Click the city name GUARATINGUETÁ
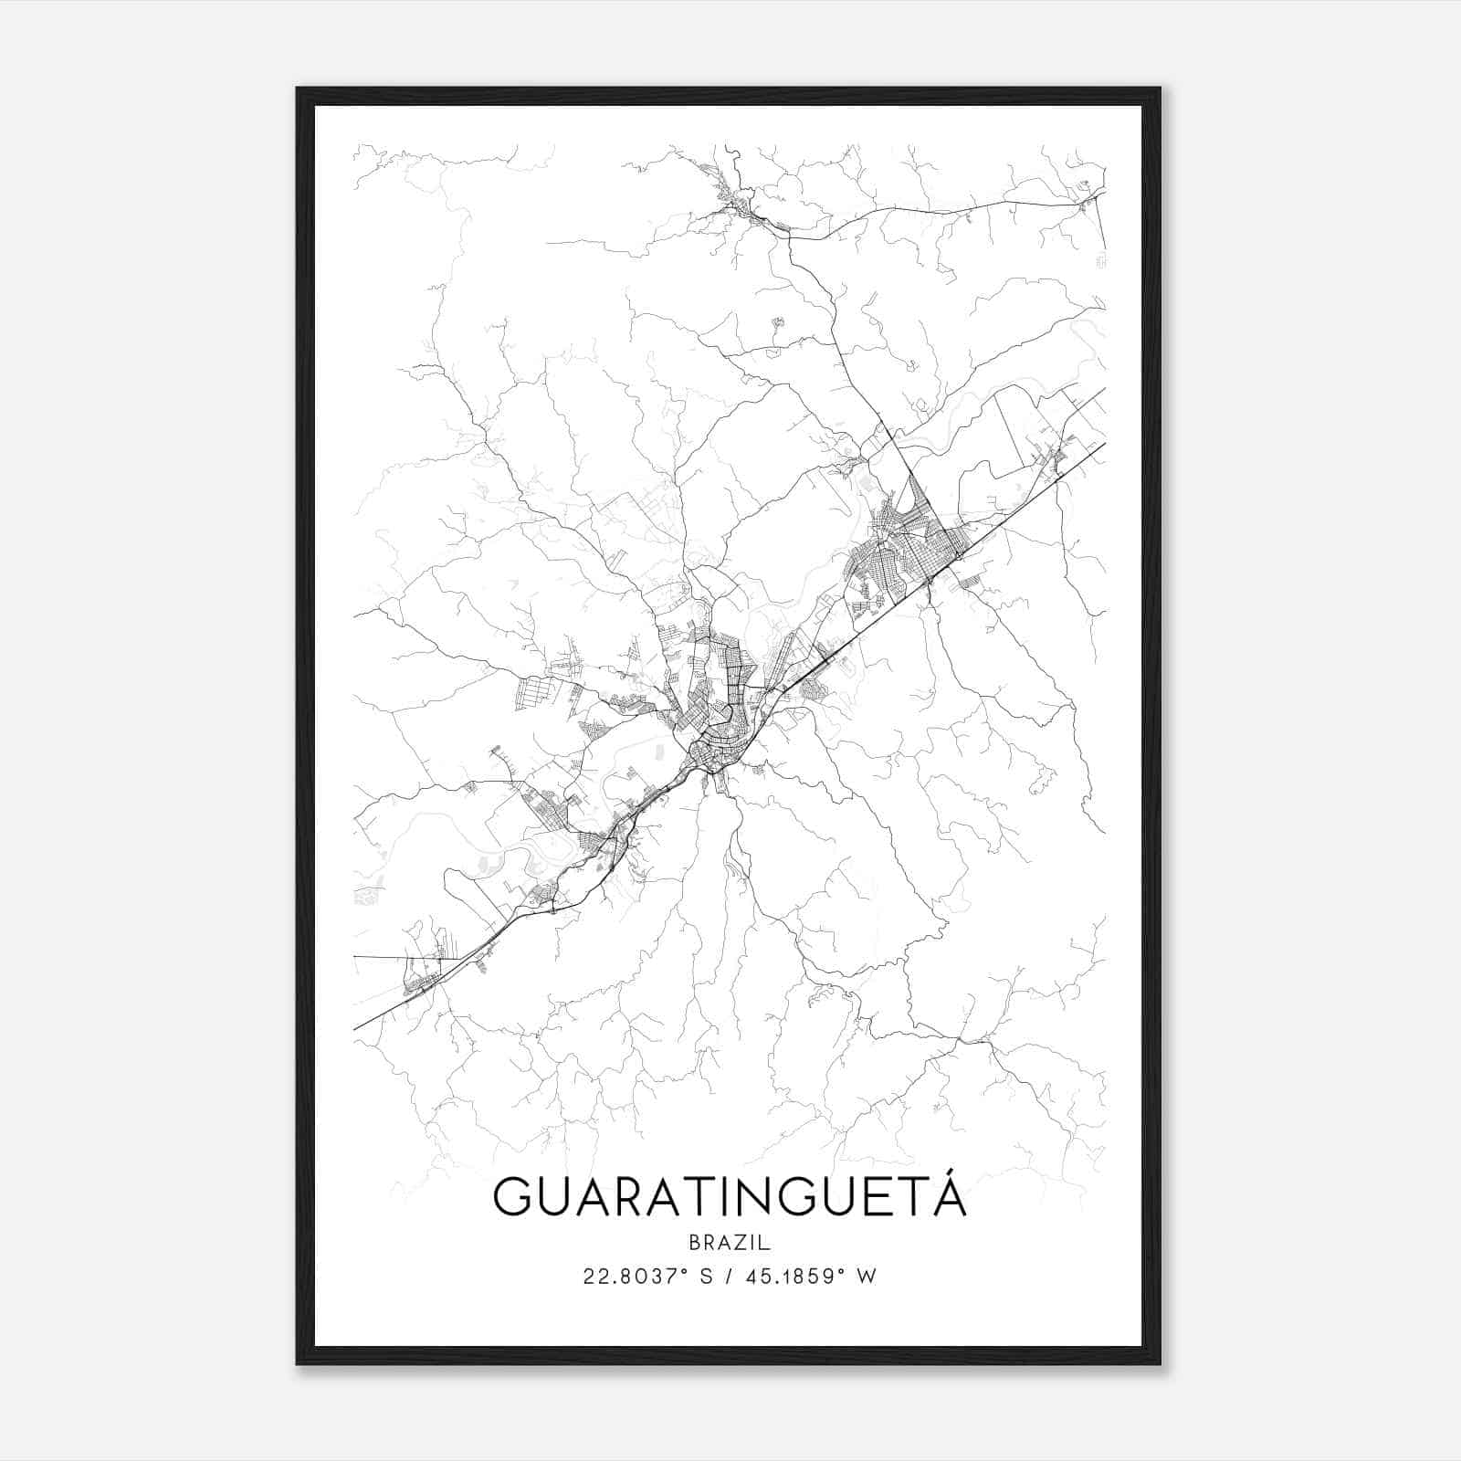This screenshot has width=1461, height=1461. (729, 1197)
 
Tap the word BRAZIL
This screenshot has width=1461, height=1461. (730, 1243)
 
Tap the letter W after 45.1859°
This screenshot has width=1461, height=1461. (867, 1277)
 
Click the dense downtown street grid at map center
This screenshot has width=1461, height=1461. (717, 721)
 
